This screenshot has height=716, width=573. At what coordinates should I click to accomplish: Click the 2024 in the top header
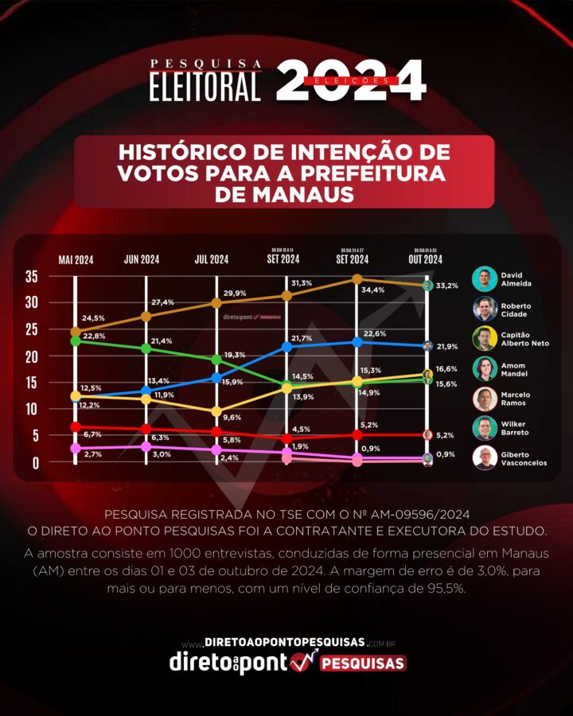pyautogui.click(x=351, y=81)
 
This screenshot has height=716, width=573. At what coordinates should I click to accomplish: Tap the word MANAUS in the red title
pyautogui.click(x=284, y=194)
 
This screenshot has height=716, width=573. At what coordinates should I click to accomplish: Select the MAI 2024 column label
pyautogui.click(x=76, y=259)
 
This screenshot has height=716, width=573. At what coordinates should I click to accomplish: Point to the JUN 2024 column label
pyautogui.click(x=142, y=259)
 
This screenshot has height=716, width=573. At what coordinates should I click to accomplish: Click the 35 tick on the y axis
pyautogui.click(x=32, y=277)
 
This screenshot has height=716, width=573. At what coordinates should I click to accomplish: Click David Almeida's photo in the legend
pyautogui.click(x=484, y=278)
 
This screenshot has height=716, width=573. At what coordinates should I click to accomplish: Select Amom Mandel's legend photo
pyautogui.click(x=484, y=368)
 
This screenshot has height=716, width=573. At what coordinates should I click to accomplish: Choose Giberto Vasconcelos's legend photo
pyautogui.click(x=484, y=458)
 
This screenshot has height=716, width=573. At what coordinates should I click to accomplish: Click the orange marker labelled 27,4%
pyautogui.click(x=146, y=316)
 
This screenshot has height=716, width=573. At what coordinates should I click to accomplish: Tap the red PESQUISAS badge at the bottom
pyautogui.click(x=363, y=663)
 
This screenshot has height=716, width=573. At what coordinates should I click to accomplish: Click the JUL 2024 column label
pyautogui.click(x=212, y=259)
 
